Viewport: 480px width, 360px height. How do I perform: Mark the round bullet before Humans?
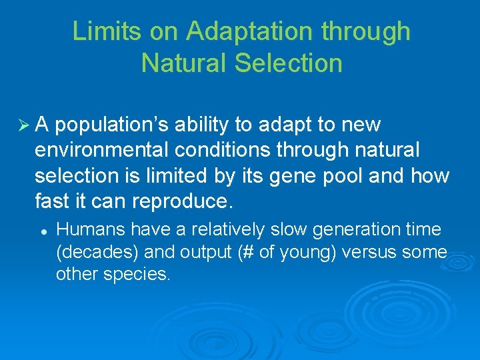point(41,230)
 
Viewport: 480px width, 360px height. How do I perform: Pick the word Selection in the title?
point(289,63)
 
